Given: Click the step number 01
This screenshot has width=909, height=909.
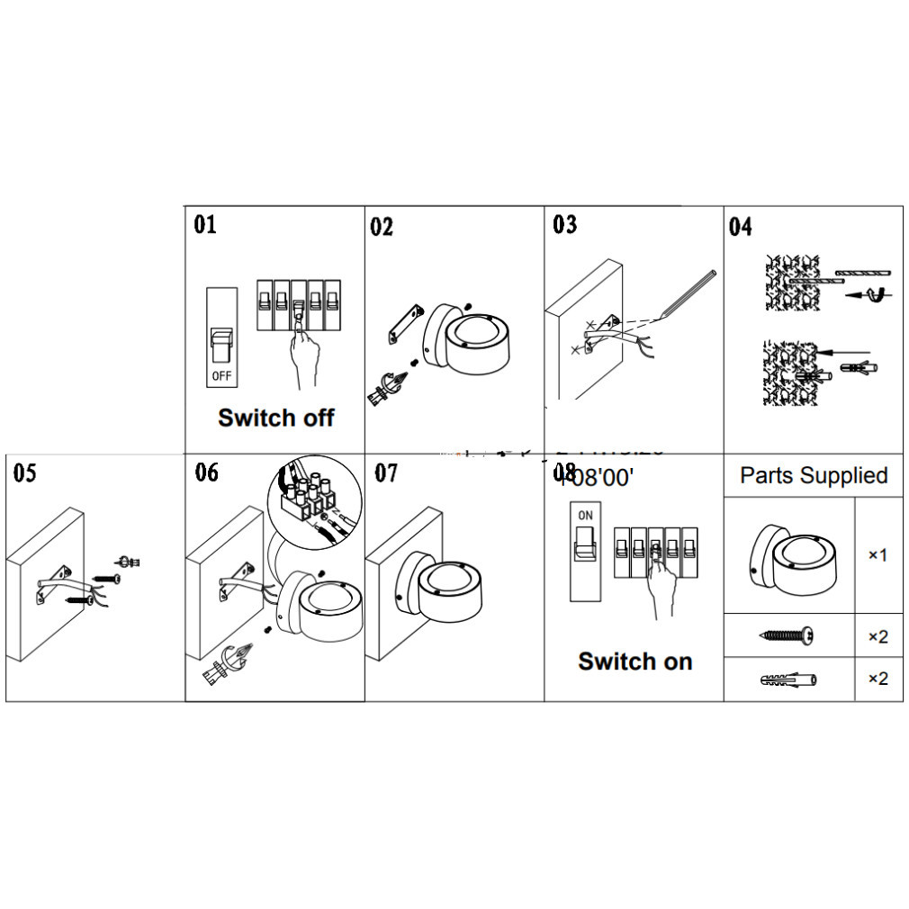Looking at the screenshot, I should pos(205,224).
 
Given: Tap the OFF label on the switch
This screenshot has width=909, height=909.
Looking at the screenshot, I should pos(221,373).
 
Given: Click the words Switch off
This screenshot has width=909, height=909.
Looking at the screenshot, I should pos(276,418).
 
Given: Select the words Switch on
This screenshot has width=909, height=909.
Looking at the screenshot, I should pos(634,661).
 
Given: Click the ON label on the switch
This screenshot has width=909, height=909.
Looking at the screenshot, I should pos(585,516).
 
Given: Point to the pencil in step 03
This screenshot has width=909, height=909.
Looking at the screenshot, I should pos(689,292).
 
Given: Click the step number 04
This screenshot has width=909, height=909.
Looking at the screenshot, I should pos(740,227).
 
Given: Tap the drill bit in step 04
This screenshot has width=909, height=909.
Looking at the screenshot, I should pos(861,271).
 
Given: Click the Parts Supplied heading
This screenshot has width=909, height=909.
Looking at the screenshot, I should pos(814,476).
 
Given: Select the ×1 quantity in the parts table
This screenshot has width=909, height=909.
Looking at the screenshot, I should pos(877,555).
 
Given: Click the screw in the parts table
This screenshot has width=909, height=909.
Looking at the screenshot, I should pos(787,636).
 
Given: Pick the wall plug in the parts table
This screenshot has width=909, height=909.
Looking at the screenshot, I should pos(787,679).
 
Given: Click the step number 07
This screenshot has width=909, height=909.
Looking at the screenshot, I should pos(386,472).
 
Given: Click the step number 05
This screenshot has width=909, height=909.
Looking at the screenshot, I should pos(25,472).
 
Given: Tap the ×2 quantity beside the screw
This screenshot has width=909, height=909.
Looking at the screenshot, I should pos(877,637).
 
